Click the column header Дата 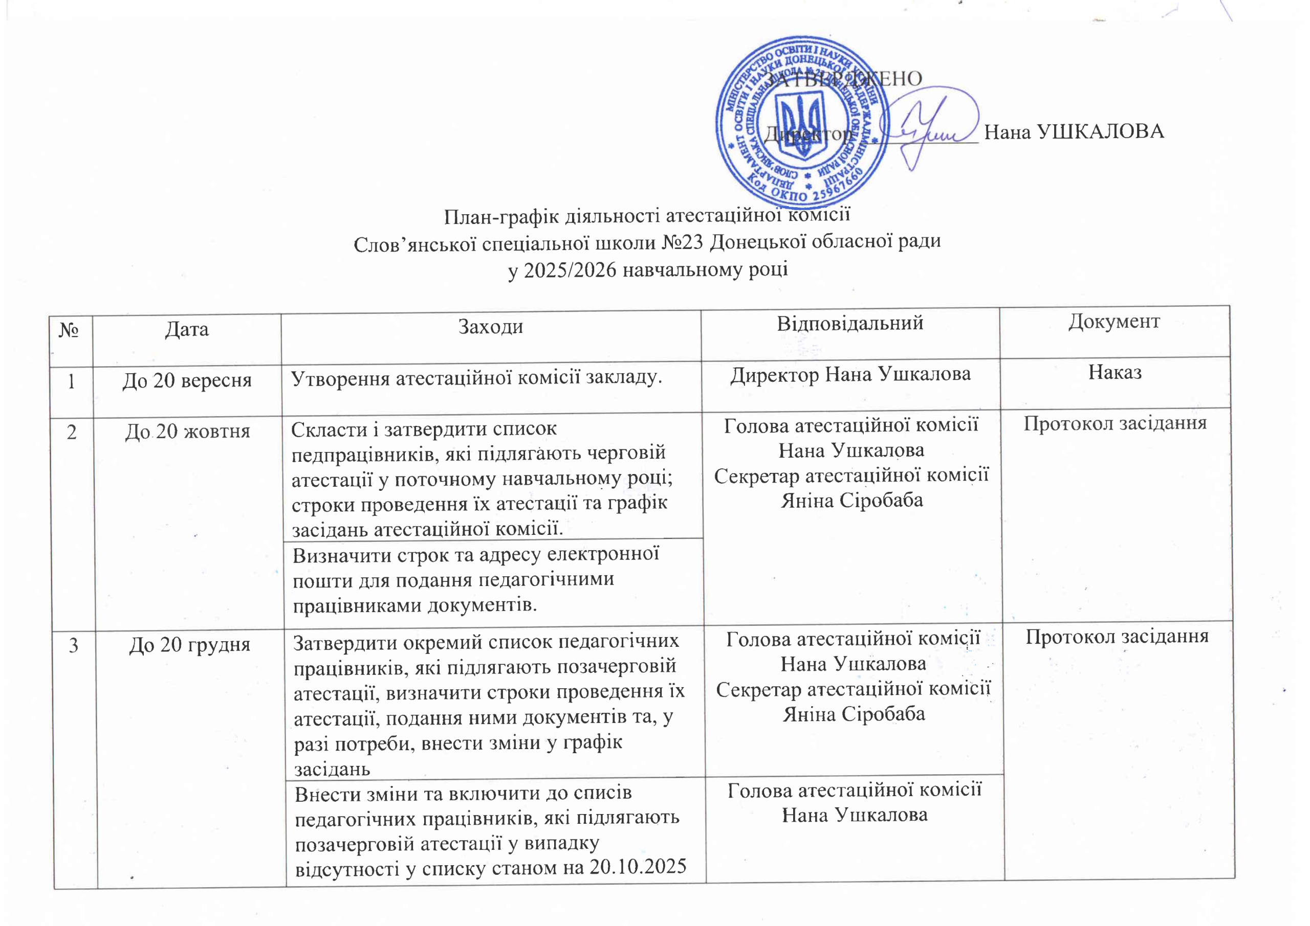click(187, 330)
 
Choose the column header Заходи click(491, 327)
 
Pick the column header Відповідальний click(849, 323)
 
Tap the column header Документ click(1113, 322)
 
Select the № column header click(70, 330)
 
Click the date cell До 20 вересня click(187, 380)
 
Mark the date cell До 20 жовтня click(188, 432)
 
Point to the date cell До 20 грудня click(189, 645)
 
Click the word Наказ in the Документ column click(1115, 372)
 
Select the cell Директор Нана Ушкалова click(850, 375)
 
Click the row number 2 click(72, 432)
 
